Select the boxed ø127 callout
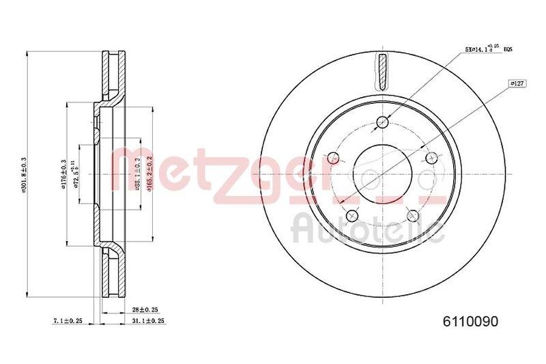517,83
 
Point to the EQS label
508,50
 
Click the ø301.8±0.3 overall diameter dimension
24,176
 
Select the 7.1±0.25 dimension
66,320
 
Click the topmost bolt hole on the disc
382,123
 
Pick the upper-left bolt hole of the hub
333,158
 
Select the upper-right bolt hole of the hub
431,158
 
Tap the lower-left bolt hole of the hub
352,216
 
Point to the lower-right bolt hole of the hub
412,216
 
